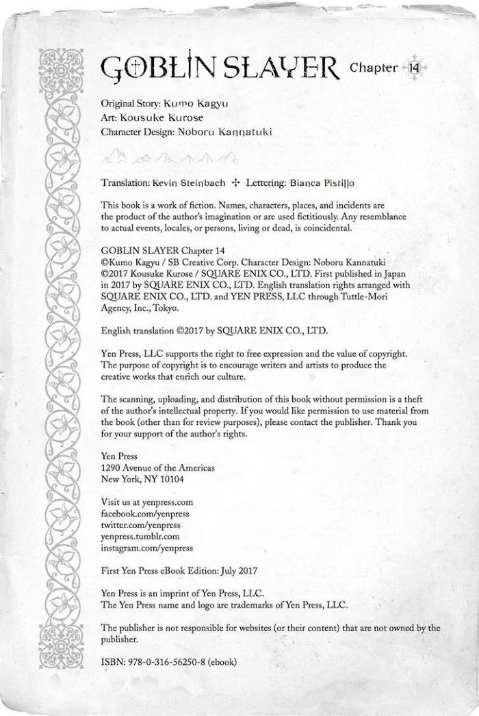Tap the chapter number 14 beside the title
click(415, 68)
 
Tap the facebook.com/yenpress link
click(144, 513)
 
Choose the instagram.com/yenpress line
click(146, 548)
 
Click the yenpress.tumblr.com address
click(140, 536)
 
